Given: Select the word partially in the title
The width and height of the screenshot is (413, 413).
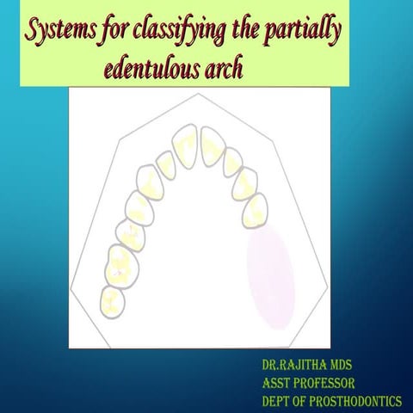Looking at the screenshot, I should (306, 33).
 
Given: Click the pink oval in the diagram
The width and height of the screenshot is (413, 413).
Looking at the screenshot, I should (270, 268).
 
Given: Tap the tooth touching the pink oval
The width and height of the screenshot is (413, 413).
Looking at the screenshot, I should (253, 211).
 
